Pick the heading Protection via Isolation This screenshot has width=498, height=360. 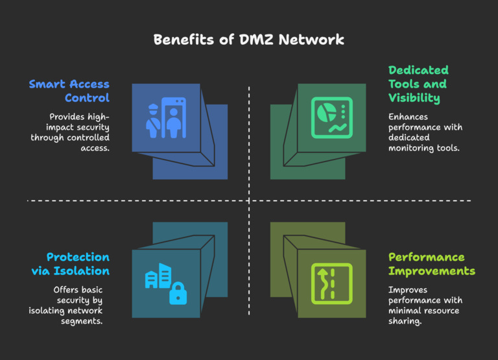(70, 264)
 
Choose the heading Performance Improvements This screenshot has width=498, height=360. (431, 264)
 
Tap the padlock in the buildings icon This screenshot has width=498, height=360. (178, 294)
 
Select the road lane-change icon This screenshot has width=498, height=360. (331, 283)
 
